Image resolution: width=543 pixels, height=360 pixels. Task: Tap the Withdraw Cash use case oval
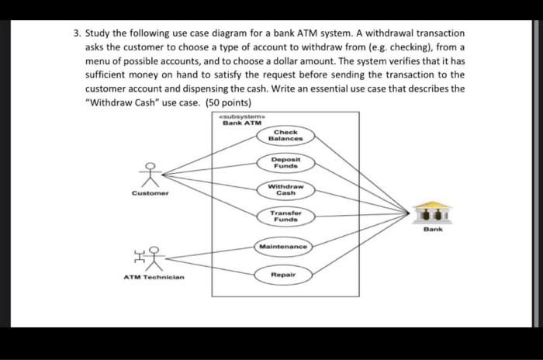point(285,189)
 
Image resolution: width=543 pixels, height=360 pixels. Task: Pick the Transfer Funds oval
point(285,216)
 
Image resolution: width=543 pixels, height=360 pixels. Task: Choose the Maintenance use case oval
point(285,247)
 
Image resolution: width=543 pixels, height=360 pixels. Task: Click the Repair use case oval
point(285,275)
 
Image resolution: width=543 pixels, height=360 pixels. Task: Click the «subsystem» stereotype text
point(240,116)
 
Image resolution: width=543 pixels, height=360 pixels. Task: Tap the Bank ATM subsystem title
point(241,123)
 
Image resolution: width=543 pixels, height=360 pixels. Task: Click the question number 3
point(77,34)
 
